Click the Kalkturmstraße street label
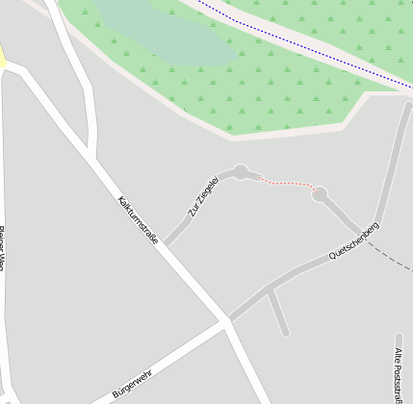pyautogui.click(x=137, y=221)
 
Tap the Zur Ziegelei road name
pyautogui.click(x=203, y=196)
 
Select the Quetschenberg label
pyautogui.click(x=353, y=240)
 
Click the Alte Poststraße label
pyautogui.click(x=399, y=375)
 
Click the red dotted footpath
pyautogui.click(x=287, y=183)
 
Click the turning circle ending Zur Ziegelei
pyautogui.click(x=241, y=172)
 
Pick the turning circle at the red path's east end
pyautogui.click(x=320, y=193)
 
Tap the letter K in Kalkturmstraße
pyautogui.click(x=119, y=200)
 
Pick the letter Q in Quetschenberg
pyautogui.click(x=332, y=257)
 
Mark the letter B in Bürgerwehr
pyautogui.click(x=115, y=394)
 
